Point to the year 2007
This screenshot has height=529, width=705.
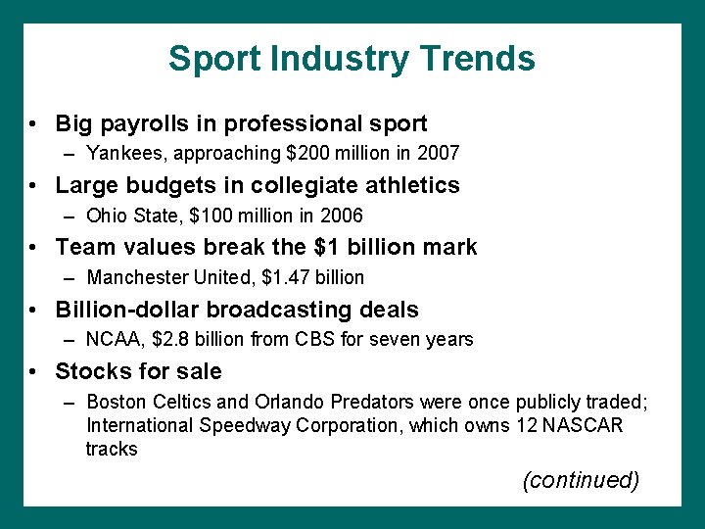439,154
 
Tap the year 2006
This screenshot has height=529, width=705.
342,216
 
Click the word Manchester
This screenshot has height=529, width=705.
134,277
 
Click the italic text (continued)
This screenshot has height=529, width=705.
581,480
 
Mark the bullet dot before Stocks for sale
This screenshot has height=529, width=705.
34,372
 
